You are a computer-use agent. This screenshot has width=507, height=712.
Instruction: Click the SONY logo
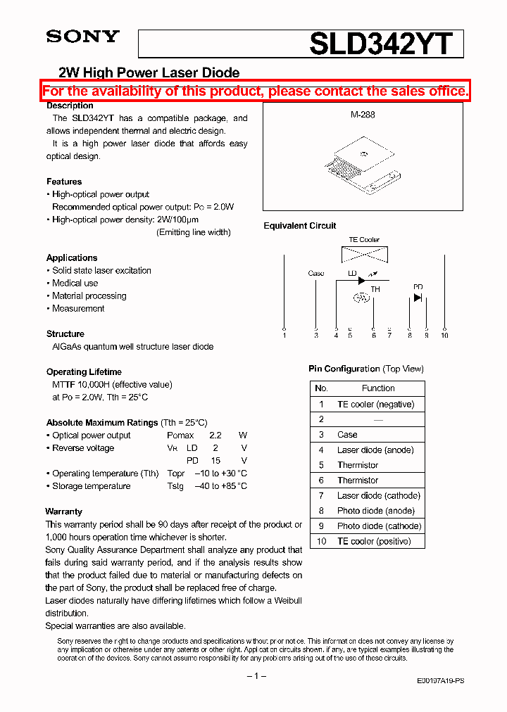pos(82,37)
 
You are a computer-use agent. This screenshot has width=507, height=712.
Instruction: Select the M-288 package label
pos(363,114)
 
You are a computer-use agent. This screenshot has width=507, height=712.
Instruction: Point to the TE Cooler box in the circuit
pos(364,254)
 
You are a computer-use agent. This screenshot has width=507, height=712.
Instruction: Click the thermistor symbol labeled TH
pos(361,298)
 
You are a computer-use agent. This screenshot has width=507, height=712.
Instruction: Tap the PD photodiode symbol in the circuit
pos(418,298)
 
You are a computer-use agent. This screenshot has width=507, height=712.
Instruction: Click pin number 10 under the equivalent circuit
pos(444,336)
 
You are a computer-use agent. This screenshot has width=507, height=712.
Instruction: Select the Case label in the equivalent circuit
pos(316,273)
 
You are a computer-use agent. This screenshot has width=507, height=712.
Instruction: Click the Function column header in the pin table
pos(378,388)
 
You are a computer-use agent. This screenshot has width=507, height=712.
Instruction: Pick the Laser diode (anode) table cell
pos(375,450)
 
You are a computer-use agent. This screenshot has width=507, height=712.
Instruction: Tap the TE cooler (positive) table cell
pos(374,541)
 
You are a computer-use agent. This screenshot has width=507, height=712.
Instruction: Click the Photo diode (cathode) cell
pos(379,526)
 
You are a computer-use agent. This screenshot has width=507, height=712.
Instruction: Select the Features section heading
pos(64,182)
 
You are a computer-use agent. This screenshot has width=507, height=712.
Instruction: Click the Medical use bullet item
pos(75,283)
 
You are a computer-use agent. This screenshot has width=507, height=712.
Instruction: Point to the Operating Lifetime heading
pos(84,371)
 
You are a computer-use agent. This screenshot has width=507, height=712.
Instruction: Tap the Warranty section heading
pos(63,511)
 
